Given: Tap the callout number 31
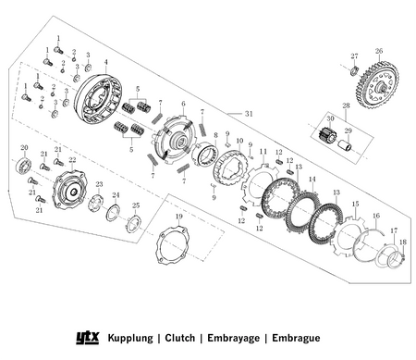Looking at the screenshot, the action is pos(249,114).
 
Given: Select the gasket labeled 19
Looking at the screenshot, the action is pos(173,245).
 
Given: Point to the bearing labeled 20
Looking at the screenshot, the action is pos(23,166).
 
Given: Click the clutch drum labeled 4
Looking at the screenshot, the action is pos(98,98).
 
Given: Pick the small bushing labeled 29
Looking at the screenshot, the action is pos(345,144).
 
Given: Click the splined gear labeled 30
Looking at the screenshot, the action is pos(327,135).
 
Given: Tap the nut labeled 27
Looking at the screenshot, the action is pos(355,70).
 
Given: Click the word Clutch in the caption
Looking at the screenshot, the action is pos(180,338).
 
